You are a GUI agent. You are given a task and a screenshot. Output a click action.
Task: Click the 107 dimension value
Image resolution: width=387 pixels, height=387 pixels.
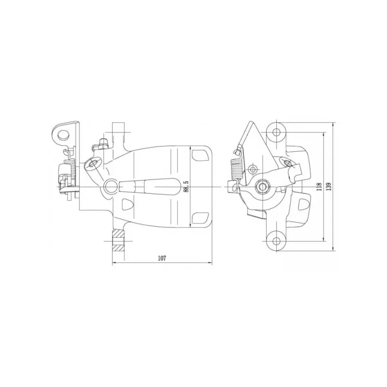pos(162,258)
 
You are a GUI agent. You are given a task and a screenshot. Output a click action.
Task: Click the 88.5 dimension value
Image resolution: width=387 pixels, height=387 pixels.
pos(186,186)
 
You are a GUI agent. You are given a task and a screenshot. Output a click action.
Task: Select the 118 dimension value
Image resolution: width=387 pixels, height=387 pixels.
pos(319,187)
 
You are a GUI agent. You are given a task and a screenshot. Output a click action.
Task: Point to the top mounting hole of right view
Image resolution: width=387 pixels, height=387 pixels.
pos(277,132)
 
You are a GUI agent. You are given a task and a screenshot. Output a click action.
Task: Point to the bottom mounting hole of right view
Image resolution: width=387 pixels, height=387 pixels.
pos(277,241)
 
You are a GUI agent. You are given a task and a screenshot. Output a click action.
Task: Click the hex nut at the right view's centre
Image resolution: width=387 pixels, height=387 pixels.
pos(262,186)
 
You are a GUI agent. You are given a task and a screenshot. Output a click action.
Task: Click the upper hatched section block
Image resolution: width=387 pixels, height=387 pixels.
pos(118,233)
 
